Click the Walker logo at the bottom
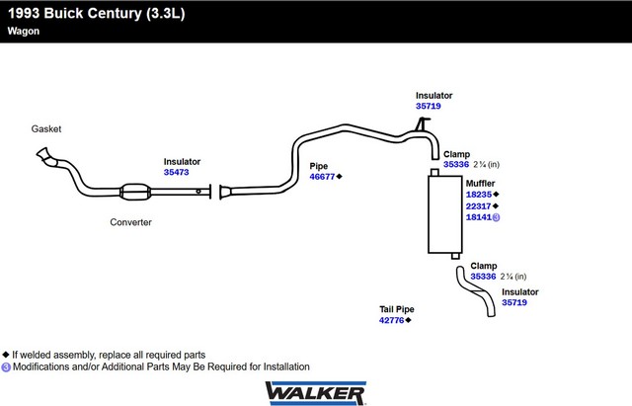[x=316, y=393]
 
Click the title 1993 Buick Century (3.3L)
[x=97, y=13]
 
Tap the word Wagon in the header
[x=24, y=31]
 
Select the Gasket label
[x=46, y=129]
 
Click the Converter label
[x=130, y=222]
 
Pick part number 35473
[x=176, y=172]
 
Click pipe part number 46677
[x=322, y=177]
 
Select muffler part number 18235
[x=479, y=195]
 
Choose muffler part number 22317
[x=478, y=206]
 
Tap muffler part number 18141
[x=479, y=217]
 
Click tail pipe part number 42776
[x=391, y=320]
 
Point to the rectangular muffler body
[x=445, y=214]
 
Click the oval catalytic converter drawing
[x=135, y=192]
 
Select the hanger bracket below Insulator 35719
[x=422, y=123]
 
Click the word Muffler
[x=481, y=184]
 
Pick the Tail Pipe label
[x=397, y=309]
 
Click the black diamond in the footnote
[x=6, y=355]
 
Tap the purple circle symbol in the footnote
[x=6, y=367]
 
